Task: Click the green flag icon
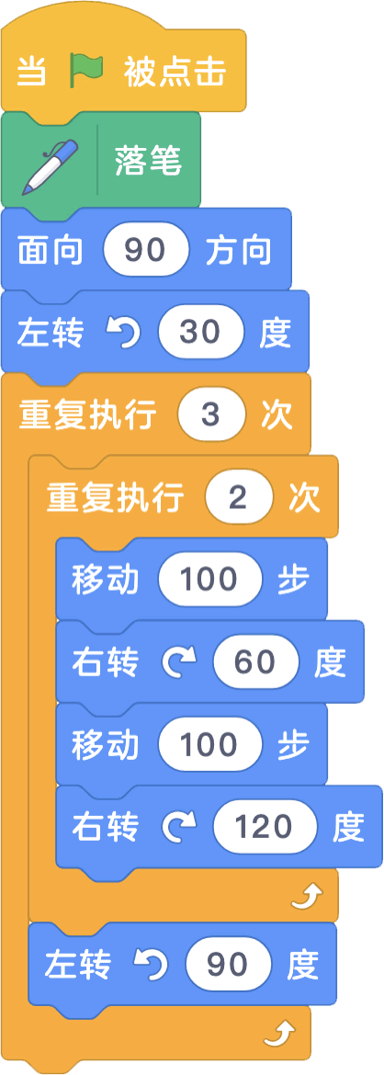(86, 71)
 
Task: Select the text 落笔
(148, 164)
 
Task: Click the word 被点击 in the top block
(175, 72)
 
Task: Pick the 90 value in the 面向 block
(146, 251)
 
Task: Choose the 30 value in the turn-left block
(200, 334)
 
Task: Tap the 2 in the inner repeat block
(238, 498)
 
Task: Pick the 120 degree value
(265, 828)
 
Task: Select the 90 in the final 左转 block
(228, 965)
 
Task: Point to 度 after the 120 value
(348, 828)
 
